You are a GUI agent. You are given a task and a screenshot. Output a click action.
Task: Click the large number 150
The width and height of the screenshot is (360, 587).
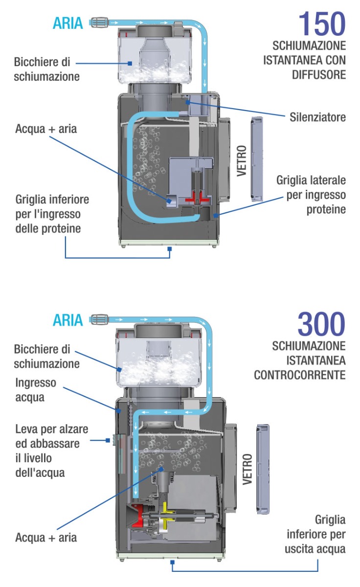pyautogui.click(x=321, y=23)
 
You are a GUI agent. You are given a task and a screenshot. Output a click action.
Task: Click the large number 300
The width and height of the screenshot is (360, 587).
pyautogui.click(x=321, y=324)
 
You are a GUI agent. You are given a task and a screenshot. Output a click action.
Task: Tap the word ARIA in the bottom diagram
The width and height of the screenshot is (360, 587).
pyautogui.click(x=68, y=321)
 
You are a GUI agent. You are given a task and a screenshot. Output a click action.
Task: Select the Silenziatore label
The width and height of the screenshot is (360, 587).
pyautogui.click(x=317, y=117)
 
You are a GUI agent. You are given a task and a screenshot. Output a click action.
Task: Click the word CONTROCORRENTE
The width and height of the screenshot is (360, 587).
pyautogui.click(x=299, y=375)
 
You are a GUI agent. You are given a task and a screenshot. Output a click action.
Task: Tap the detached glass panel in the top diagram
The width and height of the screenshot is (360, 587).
pyautogui.click(x=257, y=159)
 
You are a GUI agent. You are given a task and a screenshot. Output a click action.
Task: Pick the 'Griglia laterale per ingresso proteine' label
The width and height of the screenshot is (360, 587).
pyautogui.click(x=311, y=195)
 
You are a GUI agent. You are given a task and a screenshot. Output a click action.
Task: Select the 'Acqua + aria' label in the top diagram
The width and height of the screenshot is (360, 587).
pyautogui.click(x=46, y=129)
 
